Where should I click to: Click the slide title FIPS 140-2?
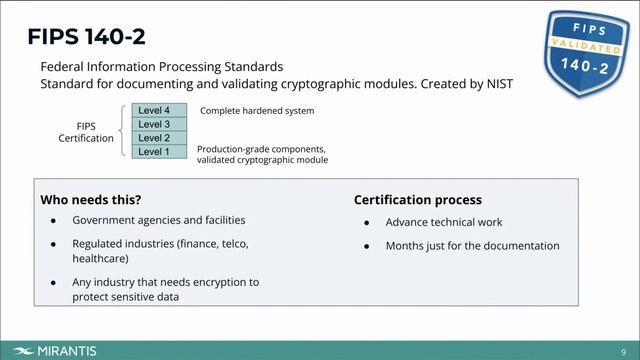(85, 37)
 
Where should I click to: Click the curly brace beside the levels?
(123, 131)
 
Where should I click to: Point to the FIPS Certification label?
(86, 132)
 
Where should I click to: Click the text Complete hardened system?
(257, 111)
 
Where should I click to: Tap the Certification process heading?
(417, 200)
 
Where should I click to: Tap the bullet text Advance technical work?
(444, 222)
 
